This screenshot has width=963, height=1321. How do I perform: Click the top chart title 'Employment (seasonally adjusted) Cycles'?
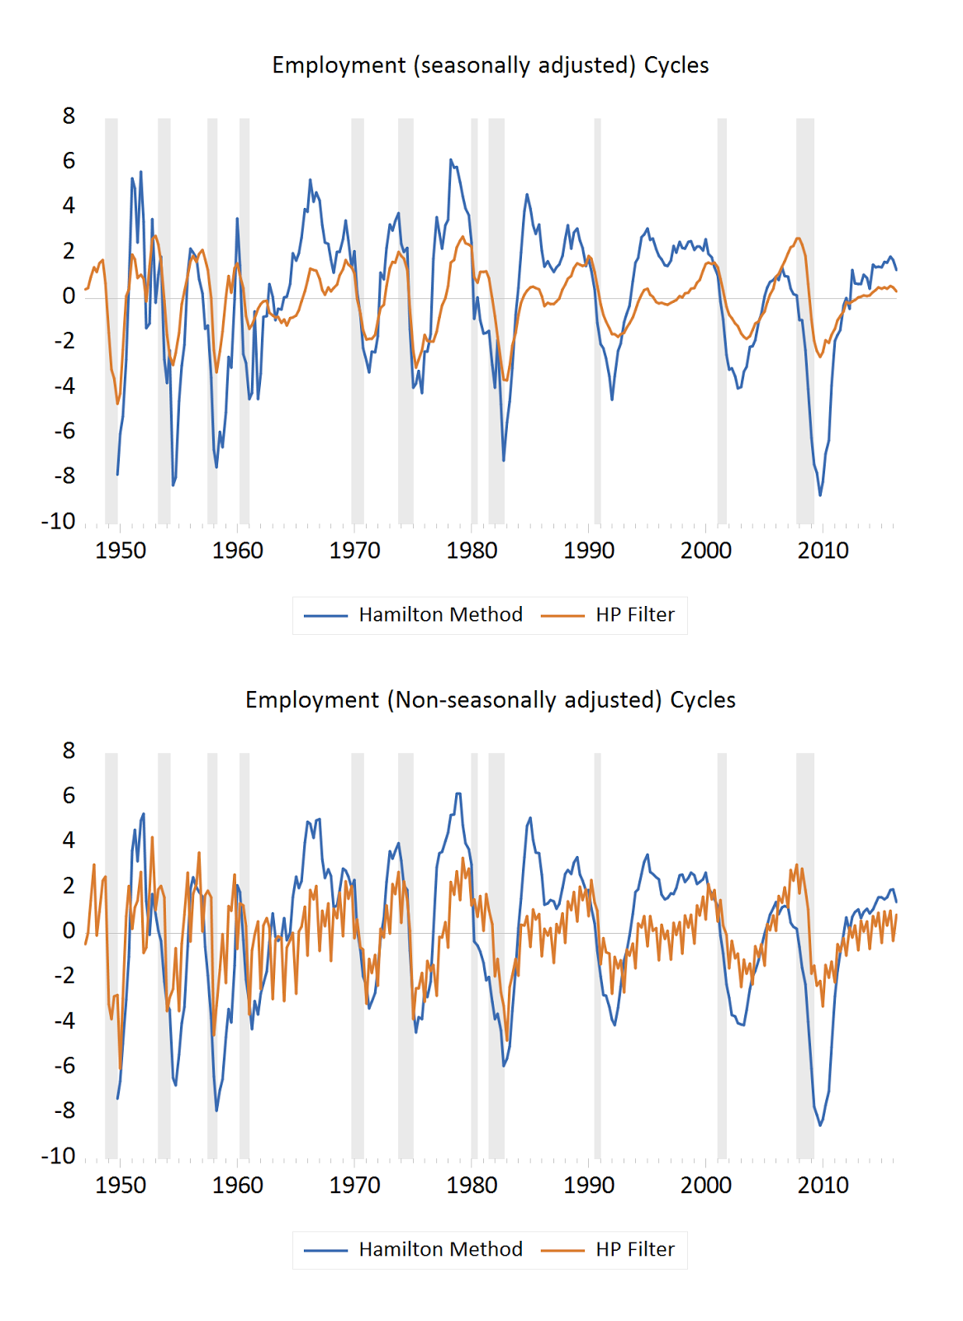pos(490,65)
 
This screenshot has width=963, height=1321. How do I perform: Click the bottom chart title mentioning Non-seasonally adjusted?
pos(490,700)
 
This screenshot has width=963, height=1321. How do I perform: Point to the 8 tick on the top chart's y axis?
pos(69,116)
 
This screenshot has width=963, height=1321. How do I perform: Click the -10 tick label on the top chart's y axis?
pos(59,522)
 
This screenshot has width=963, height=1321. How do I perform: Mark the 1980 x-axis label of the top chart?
pos(472,551)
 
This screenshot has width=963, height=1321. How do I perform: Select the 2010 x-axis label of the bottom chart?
pos(823,1186)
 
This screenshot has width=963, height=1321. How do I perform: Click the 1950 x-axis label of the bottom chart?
pos(121,1186)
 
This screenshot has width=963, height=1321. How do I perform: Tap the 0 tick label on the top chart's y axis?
pos(69,296)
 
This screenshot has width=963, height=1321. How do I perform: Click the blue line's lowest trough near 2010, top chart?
pos(820,495)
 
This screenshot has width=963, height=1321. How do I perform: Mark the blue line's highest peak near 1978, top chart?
pos(450,160)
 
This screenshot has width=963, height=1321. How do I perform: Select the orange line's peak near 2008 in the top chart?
pos(798,239)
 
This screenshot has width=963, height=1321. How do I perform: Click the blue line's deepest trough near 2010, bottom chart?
pos(820,1125)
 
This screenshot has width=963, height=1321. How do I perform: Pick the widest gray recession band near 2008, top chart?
pos(804,322)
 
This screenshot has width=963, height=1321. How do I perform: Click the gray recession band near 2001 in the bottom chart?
pos(722,955)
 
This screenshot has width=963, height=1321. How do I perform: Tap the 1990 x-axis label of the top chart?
pos(589,551)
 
